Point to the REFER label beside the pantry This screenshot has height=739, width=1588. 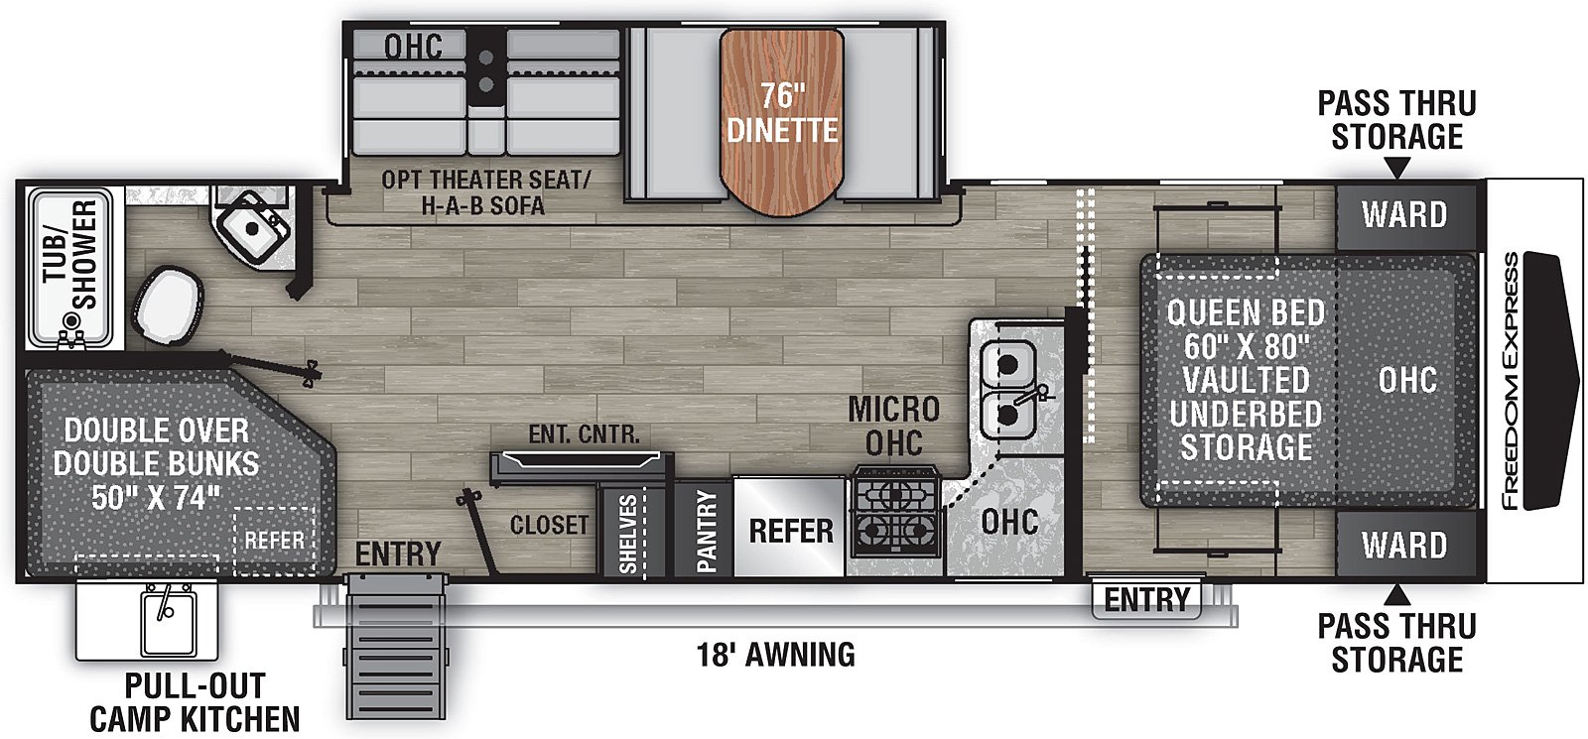791,531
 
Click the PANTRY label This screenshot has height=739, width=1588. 706,531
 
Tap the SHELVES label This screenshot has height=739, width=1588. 628,534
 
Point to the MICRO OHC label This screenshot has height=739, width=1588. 893,426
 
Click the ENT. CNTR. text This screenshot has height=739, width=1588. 584,434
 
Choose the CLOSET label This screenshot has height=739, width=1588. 549,524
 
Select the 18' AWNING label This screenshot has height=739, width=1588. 775,655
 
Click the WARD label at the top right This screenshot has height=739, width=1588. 1403,214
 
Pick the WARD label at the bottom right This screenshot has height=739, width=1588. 1403,545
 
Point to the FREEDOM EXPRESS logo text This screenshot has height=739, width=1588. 1511,381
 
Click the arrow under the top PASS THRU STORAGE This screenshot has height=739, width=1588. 1396,170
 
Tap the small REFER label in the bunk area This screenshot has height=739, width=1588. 274,540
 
